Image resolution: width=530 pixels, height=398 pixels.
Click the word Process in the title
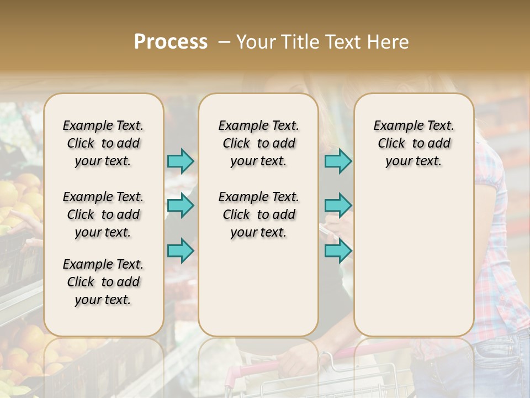(x=171, y=42)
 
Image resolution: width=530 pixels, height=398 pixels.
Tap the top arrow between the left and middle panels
(x=181, y=161)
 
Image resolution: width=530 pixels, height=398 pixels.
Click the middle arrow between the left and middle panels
(x=181, y=206)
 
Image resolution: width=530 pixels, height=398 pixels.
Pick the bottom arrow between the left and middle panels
(x=181, y=250)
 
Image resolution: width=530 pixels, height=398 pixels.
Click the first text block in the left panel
(x=103, y=143)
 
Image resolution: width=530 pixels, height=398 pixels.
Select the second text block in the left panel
(x=103, y=214)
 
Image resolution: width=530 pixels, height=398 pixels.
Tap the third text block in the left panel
(x=103, y=282)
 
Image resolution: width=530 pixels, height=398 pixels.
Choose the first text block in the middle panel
(x=258, y=143)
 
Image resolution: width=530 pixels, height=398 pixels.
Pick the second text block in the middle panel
(x=258, y=214)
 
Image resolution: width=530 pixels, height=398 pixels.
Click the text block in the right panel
(x=414, y=143)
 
